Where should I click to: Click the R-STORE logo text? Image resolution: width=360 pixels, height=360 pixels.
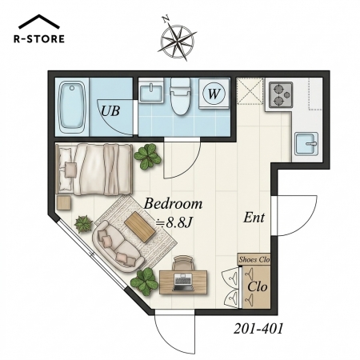(39, 39)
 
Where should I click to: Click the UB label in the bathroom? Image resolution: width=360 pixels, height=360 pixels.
(110, 110)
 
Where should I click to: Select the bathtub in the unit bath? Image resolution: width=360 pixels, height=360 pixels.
(71, 107)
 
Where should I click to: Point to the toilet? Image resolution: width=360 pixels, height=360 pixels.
(180, 96)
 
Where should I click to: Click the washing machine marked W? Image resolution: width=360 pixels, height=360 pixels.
(214, 94)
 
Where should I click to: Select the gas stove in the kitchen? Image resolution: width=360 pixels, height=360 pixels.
(281, 95)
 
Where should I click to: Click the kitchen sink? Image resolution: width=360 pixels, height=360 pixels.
(306, 144)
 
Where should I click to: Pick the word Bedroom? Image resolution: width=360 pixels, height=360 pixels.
(173, 204)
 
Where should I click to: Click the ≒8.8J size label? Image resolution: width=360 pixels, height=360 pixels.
(174, 222)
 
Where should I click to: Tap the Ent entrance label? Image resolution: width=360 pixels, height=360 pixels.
(254, 218)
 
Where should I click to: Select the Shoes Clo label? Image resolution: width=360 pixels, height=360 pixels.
(254, 259)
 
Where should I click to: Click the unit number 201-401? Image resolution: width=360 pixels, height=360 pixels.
(258, 328)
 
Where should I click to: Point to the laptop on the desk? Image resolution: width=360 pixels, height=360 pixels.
(183, 282)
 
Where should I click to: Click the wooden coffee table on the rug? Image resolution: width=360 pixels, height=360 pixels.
(140, 226)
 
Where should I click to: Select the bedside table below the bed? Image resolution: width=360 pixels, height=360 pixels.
(64, 202)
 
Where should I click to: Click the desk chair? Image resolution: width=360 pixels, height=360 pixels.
(182, 263)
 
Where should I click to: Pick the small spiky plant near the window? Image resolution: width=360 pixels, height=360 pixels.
(83, 224)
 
